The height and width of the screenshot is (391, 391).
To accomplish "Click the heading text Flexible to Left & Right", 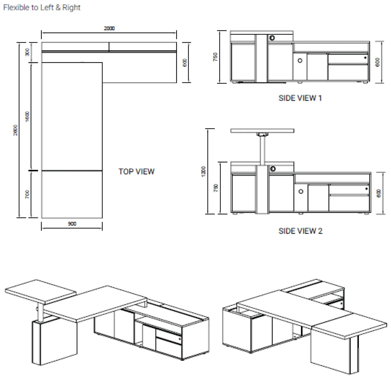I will [x=42, y=8].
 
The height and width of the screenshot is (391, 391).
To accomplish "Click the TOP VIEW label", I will [x=136, y=172].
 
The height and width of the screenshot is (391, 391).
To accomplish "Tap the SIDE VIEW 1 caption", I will [x=300, y=98].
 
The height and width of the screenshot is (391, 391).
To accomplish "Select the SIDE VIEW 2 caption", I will [x=300, y=231].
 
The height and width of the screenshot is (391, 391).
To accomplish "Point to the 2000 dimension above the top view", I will [x=109, y=28].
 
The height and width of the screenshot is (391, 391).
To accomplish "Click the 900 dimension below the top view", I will [x=72, y=224].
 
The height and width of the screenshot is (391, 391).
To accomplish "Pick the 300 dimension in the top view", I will [x=27, y=52].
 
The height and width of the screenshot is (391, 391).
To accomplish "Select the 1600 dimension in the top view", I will [x=27, y=116].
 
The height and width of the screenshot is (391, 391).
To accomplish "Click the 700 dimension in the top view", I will [x=27, y=194].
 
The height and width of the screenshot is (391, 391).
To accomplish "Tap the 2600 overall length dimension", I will [x=15, y=130].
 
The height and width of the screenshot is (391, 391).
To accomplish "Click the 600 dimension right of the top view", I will [x=185, y=63].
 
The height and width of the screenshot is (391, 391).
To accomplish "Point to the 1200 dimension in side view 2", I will [x=203, y=171].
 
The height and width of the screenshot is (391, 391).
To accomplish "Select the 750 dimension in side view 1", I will [x=215, y=57].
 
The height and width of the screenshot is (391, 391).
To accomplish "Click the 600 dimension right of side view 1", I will [x=378, y=62].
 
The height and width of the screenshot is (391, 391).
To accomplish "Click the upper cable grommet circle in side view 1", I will [x=272, y=38].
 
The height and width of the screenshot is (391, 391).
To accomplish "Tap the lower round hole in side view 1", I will [x=300, y=61].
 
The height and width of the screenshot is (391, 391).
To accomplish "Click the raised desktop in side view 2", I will [x=262, y=131].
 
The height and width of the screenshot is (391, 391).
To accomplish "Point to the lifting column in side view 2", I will [x=262, y=150].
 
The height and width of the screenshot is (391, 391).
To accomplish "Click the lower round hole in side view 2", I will [x=301, y=192].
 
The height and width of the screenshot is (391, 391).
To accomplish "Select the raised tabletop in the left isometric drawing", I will [x=41, y=291].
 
